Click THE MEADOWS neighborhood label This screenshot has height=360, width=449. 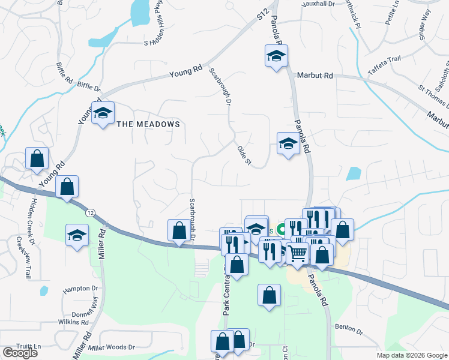(148, 124)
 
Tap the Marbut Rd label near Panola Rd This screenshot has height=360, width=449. (315, 76)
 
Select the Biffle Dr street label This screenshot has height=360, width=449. (89, 86)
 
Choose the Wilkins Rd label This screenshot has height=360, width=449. (76, 322)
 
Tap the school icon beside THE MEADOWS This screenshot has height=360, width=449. (103, 113)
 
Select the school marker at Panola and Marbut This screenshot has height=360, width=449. (276, 57)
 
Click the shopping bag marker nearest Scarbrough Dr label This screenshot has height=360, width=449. (179, 230)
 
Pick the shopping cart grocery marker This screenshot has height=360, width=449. (298, 254)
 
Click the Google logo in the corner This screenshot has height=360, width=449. (20, 353)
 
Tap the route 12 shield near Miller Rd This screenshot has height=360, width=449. (90, 212)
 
